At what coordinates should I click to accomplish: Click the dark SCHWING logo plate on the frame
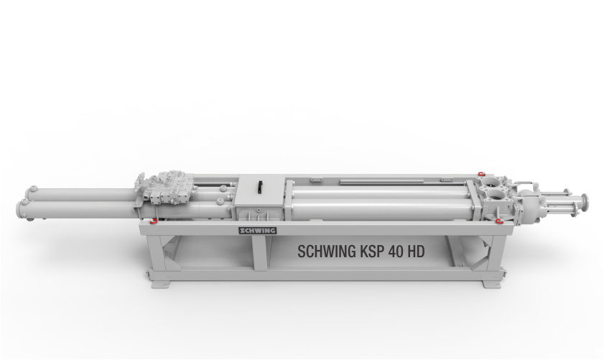tap(258, 231)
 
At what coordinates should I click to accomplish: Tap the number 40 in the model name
tap(396, 251)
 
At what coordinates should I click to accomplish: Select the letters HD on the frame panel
tap(417, 251)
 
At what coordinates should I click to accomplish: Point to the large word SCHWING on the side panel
tap(327, 251)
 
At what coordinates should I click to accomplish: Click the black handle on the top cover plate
tap(260, 187)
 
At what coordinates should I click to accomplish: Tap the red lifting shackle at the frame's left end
tap(154, 221)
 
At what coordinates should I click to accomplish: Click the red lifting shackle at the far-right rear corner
tap(480, 174)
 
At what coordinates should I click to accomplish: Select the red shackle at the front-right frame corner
tap(499, 221)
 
